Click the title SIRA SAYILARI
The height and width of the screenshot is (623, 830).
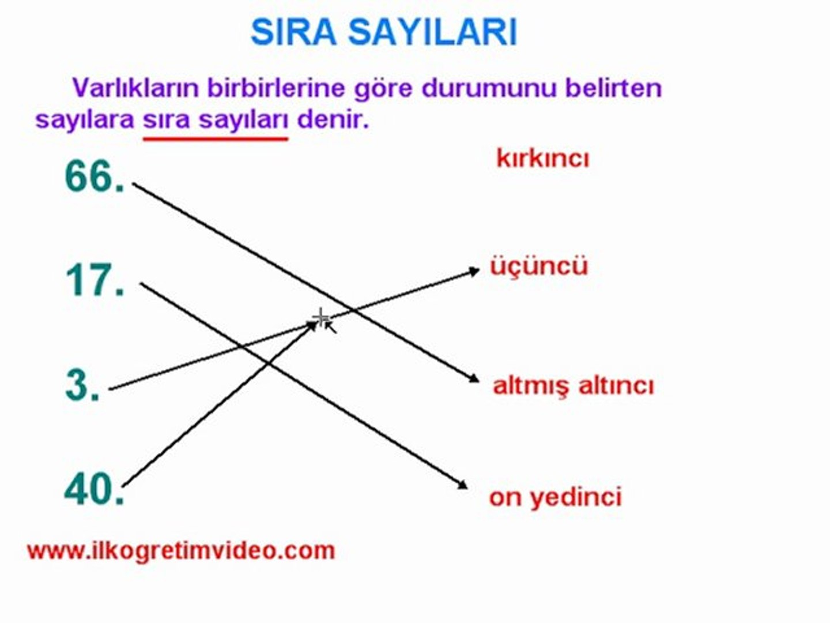[383, 32]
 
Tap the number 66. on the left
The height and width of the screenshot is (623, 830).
[95, 177]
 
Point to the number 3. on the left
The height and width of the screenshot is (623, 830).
[82, 385]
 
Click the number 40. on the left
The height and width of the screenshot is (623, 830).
[95, 490]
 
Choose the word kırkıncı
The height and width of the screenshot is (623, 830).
[542, 159]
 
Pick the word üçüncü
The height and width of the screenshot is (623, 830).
[539, 266]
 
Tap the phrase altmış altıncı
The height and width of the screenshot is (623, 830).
[574, 386]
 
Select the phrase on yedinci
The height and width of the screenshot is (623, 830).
[556, 497]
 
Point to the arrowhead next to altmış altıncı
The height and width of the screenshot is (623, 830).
[474, 380]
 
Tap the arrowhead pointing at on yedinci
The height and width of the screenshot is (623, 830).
[463, 485]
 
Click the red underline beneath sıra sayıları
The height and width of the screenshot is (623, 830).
[216, 139]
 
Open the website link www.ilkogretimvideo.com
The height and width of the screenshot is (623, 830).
[182, 551]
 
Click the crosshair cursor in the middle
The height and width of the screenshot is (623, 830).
[321, 318]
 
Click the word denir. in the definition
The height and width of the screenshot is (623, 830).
[333, 120]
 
